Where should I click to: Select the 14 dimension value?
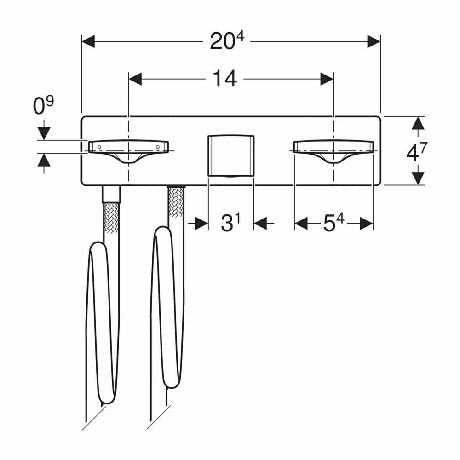pyautogui.click(x=224, y=79)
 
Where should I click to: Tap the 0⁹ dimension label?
pyautogui.click(x=43, y=106)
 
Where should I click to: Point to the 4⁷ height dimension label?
pyautogui.click(x=417, y=152)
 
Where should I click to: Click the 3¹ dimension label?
pyautogui.click(x=230, y=223)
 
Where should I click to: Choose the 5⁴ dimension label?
pyautogui.click(x=333, y=223)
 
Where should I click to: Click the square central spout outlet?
pyautogui.click(x=231, y=156)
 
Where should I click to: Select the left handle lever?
pyautogui.click(x=128, y=151)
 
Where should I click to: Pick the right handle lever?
pyautogui.click(x=333, y=151)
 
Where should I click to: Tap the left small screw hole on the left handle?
pyautogui.click(x=99, y=147)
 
